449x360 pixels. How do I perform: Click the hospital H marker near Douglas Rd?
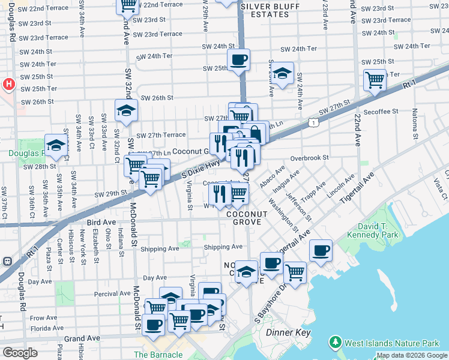[8, 85]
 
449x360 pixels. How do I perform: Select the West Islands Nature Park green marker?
[335, 343]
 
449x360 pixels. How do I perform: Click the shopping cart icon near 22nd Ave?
[375, 79]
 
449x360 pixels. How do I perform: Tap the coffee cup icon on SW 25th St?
[239, 60]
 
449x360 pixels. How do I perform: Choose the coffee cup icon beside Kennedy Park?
[321, 250]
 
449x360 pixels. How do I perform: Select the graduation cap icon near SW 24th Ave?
[282, 74]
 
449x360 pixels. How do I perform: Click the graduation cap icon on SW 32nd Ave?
[126, 110]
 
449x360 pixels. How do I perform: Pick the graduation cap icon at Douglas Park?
[55, 145]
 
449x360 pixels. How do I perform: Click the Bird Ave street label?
[101, 221]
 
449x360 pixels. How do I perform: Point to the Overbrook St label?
[310, 157]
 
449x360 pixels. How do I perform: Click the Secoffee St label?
[381, 112]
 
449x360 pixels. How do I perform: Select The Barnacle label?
[158, 354]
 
